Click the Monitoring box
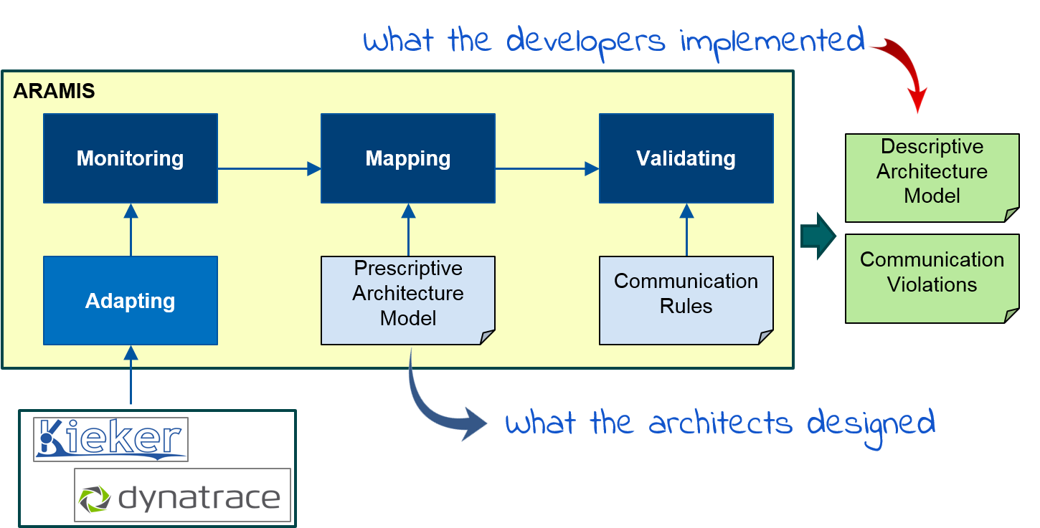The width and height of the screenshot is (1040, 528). pyautogui.click(x=130, y=158)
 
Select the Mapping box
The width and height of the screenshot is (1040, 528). pyautogui.click(x=407, y=158)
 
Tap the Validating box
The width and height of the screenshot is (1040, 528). pyautogui.click(x=686, y=158)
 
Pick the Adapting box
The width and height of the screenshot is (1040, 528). pyautogui.click(x=130, y=301)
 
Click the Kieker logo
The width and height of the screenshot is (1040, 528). pyautogui.click(x=110, y=438)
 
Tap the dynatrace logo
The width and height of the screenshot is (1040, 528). pyautogui.click(x=182, y=495)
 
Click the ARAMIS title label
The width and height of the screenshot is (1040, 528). pyautogui.click(x=54, y=92)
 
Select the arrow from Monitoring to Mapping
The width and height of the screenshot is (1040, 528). pyautogui.click(x=268, y=169)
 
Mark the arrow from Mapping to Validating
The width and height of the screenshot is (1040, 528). pyautogui.click(x=546, y=169)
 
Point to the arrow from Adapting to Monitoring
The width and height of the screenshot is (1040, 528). pyautogui.click(x=131, y=229)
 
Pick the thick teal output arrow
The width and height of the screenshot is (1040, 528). pyautogui.click(x=818, y=235)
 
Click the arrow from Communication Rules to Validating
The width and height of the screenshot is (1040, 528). pyautogui.click(x=686, y=229)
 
